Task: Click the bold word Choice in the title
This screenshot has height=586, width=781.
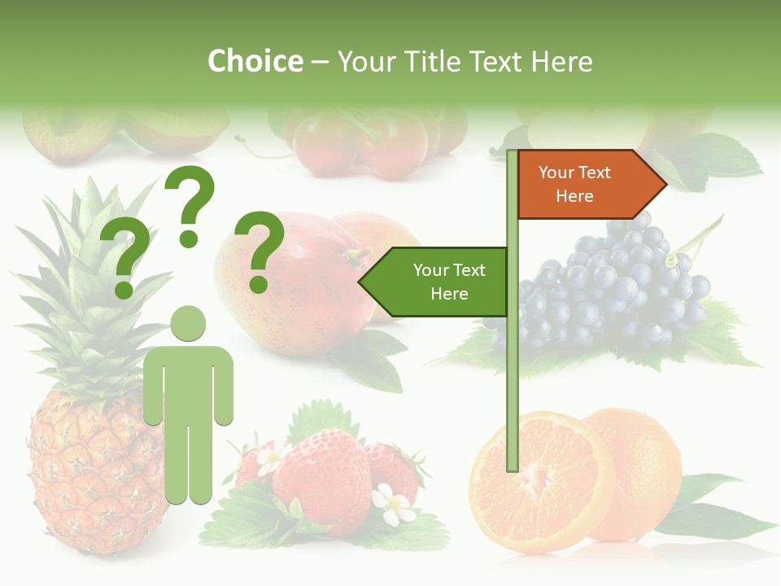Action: coord(255,61)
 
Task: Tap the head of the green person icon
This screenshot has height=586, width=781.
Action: coord(188,323)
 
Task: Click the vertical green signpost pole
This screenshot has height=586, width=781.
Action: coord(513,358)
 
